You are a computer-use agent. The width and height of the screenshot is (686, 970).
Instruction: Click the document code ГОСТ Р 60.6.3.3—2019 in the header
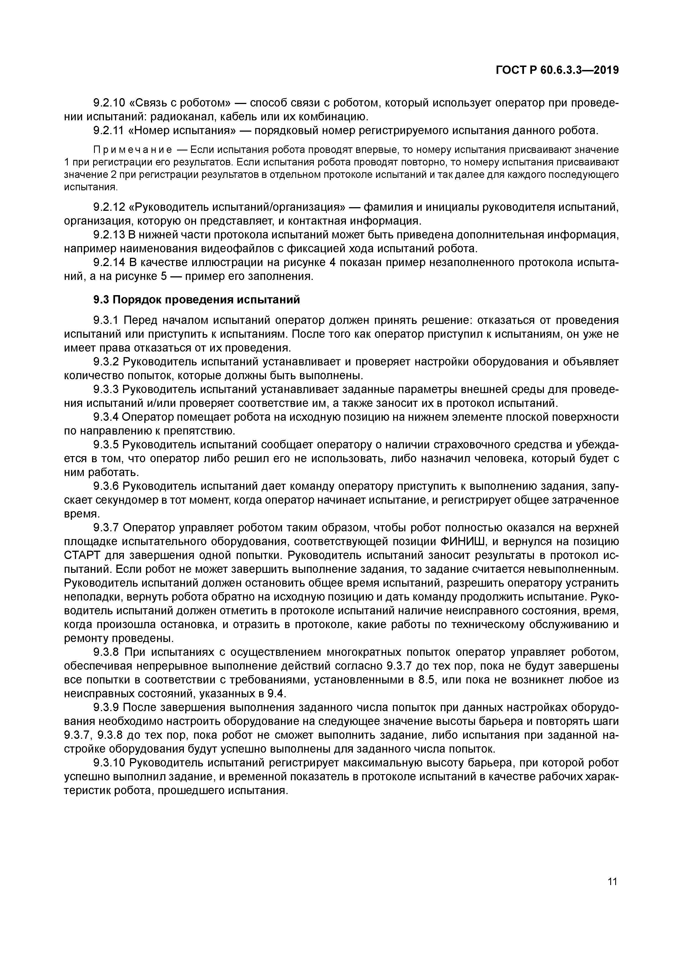click(x=557, y=71)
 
